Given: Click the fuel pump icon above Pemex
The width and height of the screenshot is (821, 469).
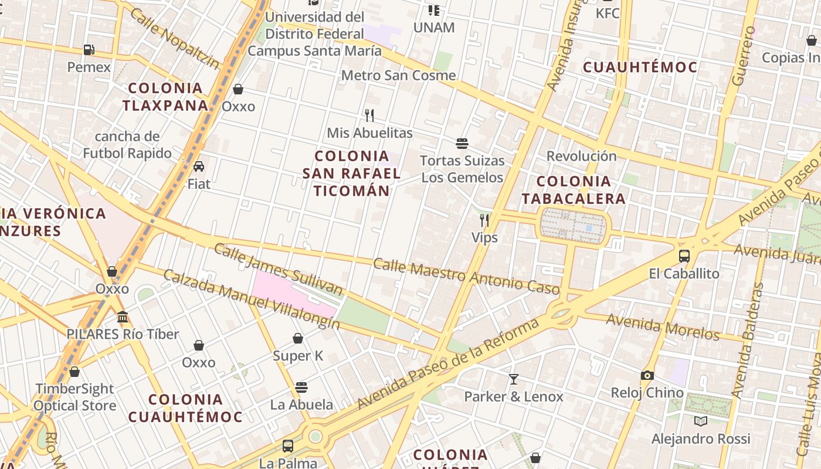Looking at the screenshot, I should (x=89, y=50).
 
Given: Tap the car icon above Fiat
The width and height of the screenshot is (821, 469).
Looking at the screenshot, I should (x=199, y=166).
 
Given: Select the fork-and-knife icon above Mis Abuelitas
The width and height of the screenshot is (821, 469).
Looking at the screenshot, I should (x=369, y=115).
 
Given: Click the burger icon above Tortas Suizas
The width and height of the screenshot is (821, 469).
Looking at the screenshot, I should (x=462, y=143).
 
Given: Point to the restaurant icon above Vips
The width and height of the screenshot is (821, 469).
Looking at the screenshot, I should (x=484, y=220).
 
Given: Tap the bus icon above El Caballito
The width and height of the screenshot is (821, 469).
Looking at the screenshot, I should (x=684, y=256).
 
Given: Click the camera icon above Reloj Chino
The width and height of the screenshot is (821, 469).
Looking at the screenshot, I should (x=647, y=375).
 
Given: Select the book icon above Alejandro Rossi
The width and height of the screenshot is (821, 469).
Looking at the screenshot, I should (x=701, y=421).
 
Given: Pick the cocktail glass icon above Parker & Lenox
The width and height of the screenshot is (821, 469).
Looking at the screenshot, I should (x=514, y=379).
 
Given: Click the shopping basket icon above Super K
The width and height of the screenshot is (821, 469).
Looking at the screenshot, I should (x=298, y=338).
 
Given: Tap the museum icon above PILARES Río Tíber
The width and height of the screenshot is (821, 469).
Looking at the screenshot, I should (x=123, y=317).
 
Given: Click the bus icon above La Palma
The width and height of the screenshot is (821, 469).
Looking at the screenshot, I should (x=288, y=446).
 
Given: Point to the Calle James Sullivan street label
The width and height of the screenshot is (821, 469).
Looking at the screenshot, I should (x=278, y=269).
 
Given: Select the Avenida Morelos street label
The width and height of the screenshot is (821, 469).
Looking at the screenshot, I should (x=662, y=327).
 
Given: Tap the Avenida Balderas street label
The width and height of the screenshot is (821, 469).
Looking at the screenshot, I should (x=748, y=340).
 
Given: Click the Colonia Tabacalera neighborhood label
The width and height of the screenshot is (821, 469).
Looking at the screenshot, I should (x=574, y=190).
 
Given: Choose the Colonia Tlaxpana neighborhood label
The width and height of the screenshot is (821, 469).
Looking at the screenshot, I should (x=166, y=97).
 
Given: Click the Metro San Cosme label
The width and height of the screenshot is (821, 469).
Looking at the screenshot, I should (x=398, y=75).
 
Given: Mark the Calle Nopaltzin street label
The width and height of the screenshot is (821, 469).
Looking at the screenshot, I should (x=175, y=38).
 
